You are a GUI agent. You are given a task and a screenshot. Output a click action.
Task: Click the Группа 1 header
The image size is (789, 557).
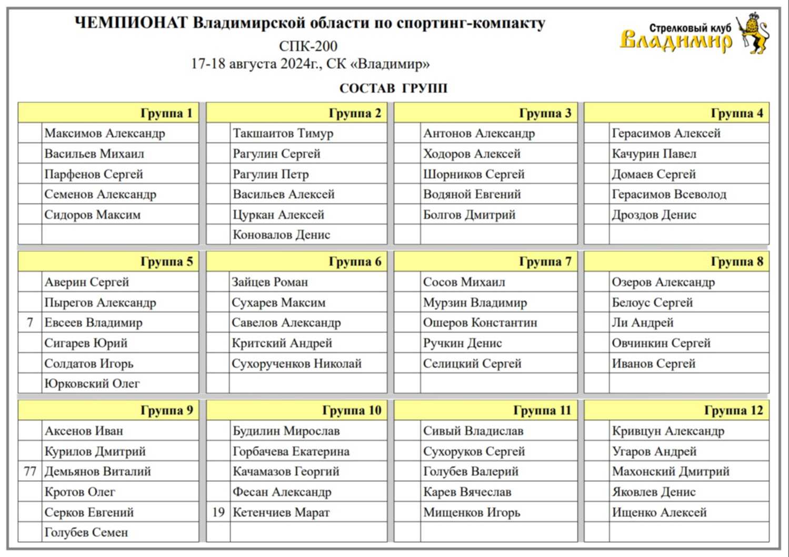166,113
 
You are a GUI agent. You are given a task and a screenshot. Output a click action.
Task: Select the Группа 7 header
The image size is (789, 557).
545,262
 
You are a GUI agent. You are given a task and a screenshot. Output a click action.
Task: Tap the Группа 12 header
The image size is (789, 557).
733,411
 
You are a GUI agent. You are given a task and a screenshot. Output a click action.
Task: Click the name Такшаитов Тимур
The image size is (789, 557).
283,134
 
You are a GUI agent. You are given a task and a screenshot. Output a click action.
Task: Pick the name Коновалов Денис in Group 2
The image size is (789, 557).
282,235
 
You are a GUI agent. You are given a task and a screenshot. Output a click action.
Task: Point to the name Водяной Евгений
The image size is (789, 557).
472,195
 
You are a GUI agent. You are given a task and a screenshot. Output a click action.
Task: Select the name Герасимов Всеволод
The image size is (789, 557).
669,195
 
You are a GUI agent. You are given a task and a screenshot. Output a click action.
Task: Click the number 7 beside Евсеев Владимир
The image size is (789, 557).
30,323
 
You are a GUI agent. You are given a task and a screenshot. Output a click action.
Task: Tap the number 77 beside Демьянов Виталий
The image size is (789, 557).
30,472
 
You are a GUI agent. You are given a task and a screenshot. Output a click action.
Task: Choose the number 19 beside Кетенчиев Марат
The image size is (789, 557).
218,512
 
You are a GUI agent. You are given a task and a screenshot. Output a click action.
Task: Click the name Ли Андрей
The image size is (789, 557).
643,323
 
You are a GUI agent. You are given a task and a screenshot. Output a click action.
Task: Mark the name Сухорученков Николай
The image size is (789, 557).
297,364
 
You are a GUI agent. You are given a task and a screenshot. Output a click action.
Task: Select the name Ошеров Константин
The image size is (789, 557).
480,323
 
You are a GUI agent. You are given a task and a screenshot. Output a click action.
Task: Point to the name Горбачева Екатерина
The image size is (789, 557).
291,452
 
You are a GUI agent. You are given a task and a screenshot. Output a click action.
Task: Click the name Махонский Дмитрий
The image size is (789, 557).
671,472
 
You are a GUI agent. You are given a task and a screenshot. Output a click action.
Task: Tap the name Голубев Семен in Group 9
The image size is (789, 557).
86,533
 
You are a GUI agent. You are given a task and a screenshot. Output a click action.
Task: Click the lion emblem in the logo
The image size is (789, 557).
753,33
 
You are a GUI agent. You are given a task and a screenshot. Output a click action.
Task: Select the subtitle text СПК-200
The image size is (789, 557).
308,46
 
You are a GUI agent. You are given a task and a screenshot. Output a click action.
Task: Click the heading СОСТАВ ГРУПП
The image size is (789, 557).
393,88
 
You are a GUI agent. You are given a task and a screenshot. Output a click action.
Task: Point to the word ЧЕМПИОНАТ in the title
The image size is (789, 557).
131,23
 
